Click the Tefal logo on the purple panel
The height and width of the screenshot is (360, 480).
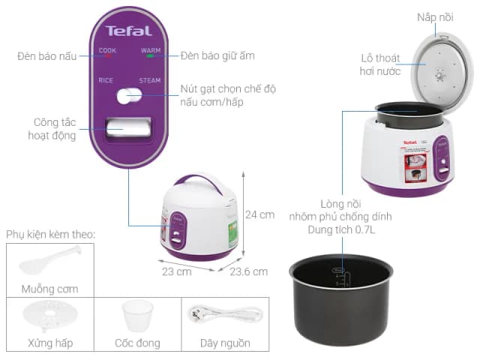tap(129, 31)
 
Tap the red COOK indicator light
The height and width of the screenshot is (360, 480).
tap(107, 56)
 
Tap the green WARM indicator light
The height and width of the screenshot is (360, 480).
tap(150, 56)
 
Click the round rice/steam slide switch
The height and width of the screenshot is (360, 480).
tap(128, 95)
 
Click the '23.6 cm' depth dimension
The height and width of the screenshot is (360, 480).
tap(248, 271)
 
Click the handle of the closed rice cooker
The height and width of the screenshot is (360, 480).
tap(195, 181)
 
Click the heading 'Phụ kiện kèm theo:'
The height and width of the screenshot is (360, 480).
tap(51, 235)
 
